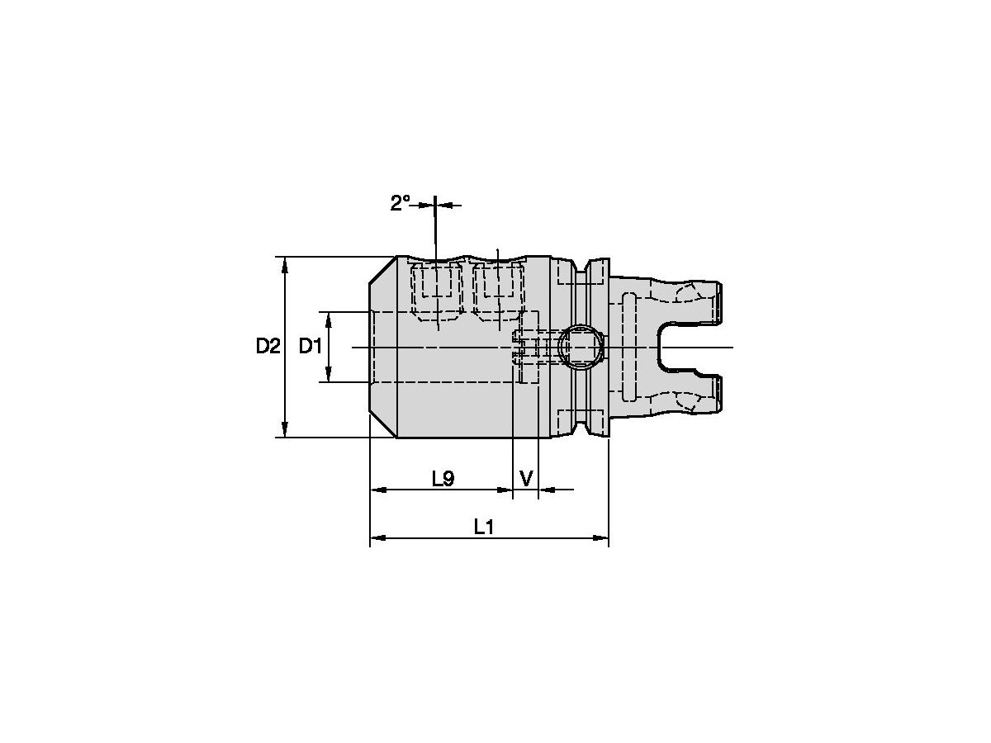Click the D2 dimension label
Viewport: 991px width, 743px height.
pyautogui.click(x=268, y=346)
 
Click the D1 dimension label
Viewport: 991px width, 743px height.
pyautogui.click(x=311, y=346)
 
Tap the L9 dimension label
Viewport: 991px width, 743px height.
pyautogui.click(x=443, y=479)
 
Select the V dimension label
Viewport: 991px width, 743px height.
pyautogui.click(x=526, y=479)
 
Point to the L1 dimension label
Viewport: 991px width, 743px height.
pyautogui.click(x=484, y=527)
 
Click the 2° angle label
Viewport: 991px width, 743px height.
pyautogui.click(x=400, y=203)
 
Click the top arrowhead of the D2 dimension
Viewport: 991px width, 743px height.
pyautogui.click(x=284, y=265)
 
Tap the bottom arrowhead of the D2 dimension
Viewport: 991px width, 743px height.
pyautogui.click(x=284, y=429)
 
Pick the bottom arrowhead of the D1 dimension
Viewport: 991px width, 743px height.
pyautogui.click(x=328, y=374)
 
